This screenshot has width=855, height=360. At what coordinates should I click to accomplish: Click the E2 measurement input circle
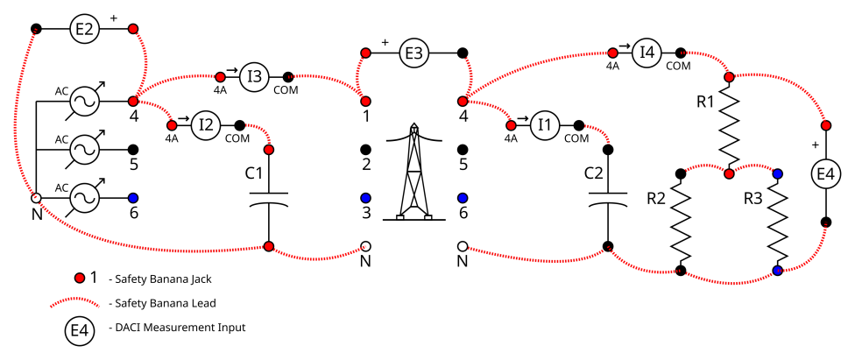tap(84, 29)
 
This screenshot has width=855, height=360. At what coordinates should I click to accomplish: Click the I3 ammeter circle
tap(254, 76)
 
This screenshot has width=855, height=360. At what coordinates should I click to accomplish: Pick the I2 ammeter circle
tap(206, 124)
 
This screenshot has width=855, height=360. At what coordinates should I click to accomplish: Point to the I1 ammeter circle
tap(544, 124)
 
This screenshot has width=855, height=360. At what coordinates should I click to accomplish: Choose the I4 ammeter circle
tap(647, 53)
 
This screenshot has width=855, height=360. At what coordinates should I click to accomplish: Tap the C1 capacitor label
tap(253, 173)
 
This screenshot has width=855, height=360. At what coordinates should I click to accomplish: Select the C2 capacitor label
tap(593, 173)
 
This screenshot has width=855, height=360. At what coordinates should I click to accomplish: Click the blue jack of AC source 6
tap(133, 198)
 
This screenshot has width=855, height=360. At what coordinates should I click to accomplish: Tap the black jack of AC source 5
tap(133, 150)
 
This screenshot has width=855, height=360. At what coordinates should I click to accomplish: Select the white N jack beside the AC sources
tap(36, 198)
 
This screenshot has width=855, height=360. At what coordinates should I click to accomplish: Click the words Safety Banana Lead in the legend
tap(162, 303)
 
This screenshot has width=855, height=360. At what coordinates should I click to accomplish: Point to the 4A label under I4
tap(613, 66)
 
